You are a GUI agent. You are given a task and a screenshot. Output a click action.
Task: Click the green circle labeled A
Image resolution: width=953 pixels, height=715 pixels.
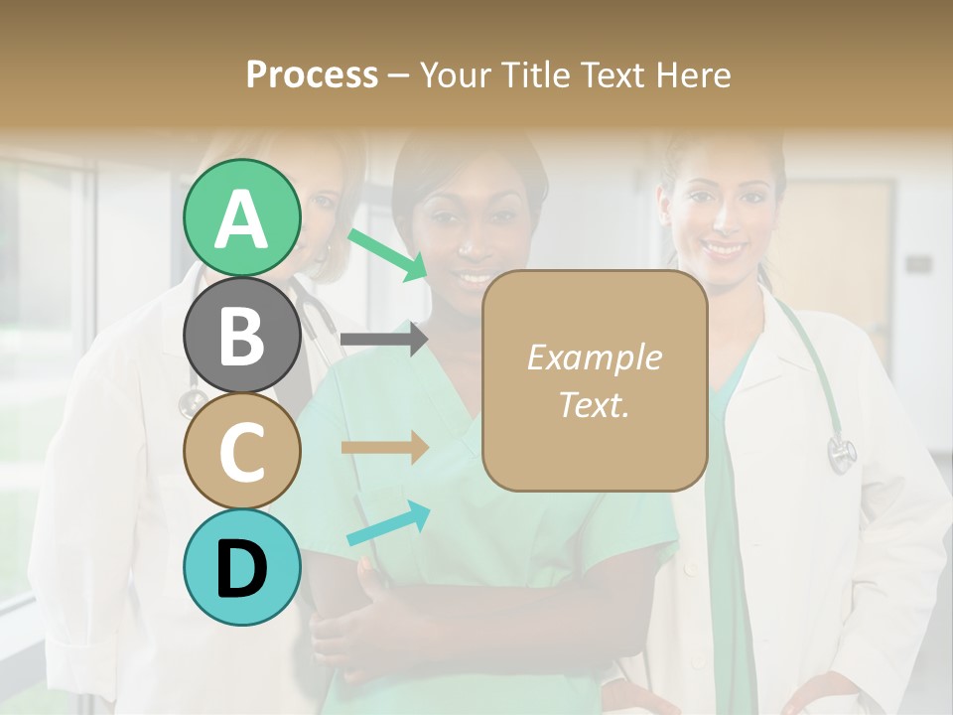click(x=241, y=218)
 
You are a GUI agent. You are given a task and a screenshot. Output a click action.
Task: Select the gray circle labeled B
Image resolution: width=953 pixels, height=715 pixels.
click(x=241, y=335)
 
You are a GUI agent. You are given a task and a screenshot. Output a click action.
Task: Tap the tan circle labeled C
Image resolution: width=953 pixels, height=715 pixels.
click(x=241, y=451)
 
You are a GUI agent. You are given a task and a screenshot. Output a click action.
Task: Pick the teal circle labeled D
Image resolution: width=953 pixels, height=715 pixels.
click(x=241, y=567)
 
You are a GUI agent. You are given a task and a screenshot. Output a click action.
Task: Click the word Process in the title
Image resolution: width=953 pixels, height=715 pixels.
click(x=312, y=74)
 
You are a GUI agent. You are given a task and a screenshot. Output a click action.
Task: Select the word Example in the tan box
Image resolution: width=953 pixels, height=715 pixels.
click(x=594, y=357)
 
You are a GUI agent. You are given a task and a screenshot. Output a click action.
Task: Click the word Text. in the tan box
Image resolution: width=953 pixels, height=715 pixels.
click(x=594, y=404)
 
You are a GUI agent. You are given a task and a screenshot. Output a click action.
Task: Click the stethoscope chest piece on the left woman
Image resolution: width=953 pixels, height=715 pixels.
click(x=189, y=403)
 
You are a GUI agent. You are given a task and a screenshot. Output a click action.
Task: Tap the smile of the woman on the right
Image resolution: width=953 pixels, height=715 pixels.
click(x=724, y=248)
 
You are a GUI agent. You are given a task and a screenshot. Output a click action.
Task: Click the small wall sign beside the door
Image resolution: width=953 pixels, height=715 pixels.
click(x=918, y=264)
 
